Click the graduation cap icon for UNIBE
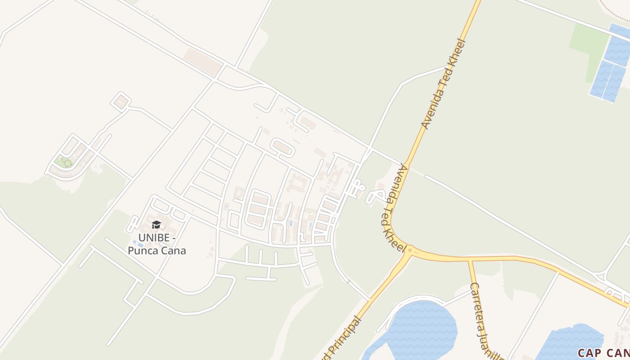point(156,225)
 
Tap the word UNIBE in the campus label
point(154,238)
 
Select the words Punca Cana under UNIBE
point(157,251)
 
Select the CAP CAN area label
point(603,353)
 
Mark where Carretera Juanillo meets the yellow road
point(469,260)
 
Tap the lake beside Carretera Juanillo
point(421,326)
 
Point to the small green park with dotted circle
point(66,162)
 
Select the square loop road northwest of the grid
point(121,102)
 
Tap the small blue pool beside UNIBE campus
point(135,243)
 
